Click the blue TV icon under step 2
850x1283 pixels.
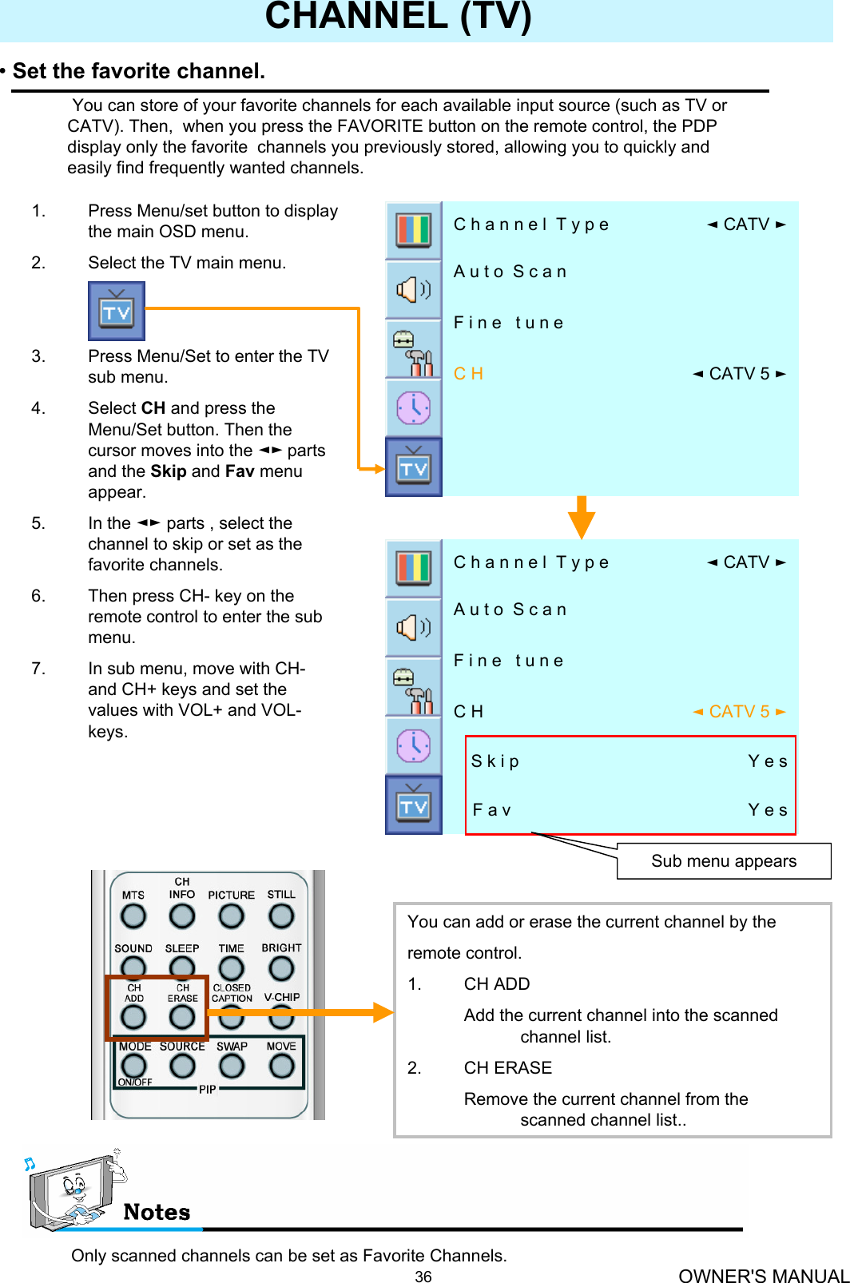[117, 311]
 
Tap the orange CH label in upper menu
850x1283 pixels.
[468, 374]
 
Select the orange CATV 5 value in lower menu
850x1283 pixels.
[739, 712]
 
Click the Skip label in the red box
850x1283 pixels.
[495, 761]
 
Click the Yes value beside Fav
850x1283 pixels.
[767, 810]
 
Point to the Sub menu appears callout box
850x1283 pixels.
[723, 861]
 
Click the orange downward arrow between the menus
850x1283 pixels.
[582, 518]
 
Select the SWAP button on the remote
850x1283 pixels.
[232, 1066]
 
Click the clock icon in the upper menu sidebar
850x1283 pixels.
[414, 408]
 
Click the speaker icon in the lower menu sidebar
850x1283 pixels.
[414, 627]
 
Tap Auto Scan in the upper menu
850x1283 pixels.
[510, 272]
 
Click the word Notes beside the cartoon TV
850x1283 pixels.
[157, 1213]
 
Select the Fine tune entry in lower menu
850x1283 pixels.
[508, 661]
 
